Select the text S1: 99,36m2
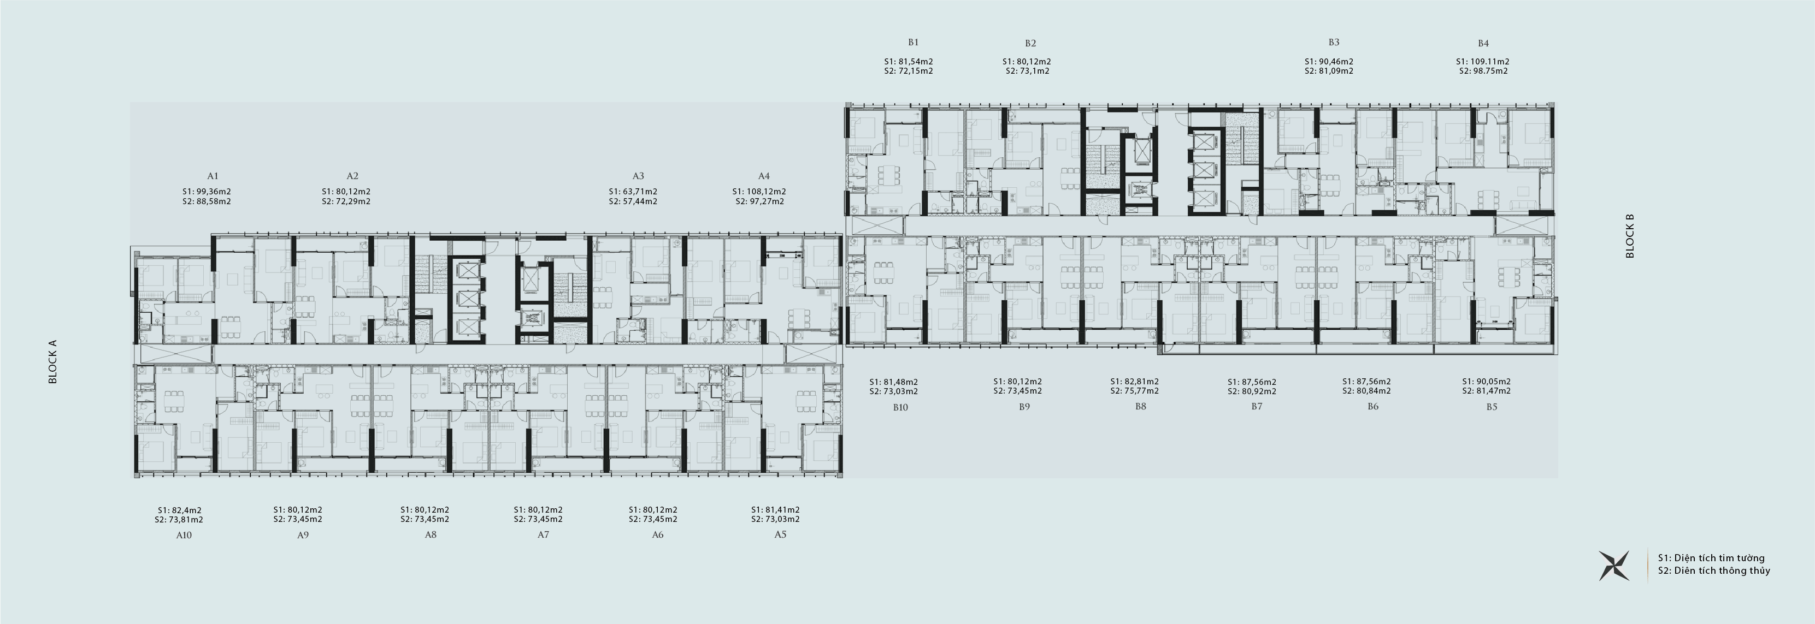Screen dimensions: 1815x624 click(207, 192)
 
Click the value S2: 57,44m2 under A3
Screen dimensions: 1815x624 click(633, 201)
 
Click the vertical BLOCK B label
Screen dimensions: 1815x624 click(1630, 236)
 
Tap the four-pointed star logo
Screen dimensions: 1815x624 click(1614, 566)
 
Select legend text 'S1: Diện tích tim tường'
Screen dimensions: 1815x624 click(1711, 558)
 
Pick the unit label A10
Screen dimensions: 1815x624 click(184, 535)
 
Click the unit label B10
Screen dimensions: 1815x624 click(900, 407)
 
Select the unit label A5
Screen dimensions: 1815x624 click(780, 534)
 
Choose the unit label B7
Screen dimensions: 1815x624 click(1257, 406)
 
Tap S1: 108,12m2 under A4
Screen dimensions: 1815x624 click(759, 192)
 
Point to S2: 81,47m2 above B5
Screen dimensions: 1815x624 click(1487, 391)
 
